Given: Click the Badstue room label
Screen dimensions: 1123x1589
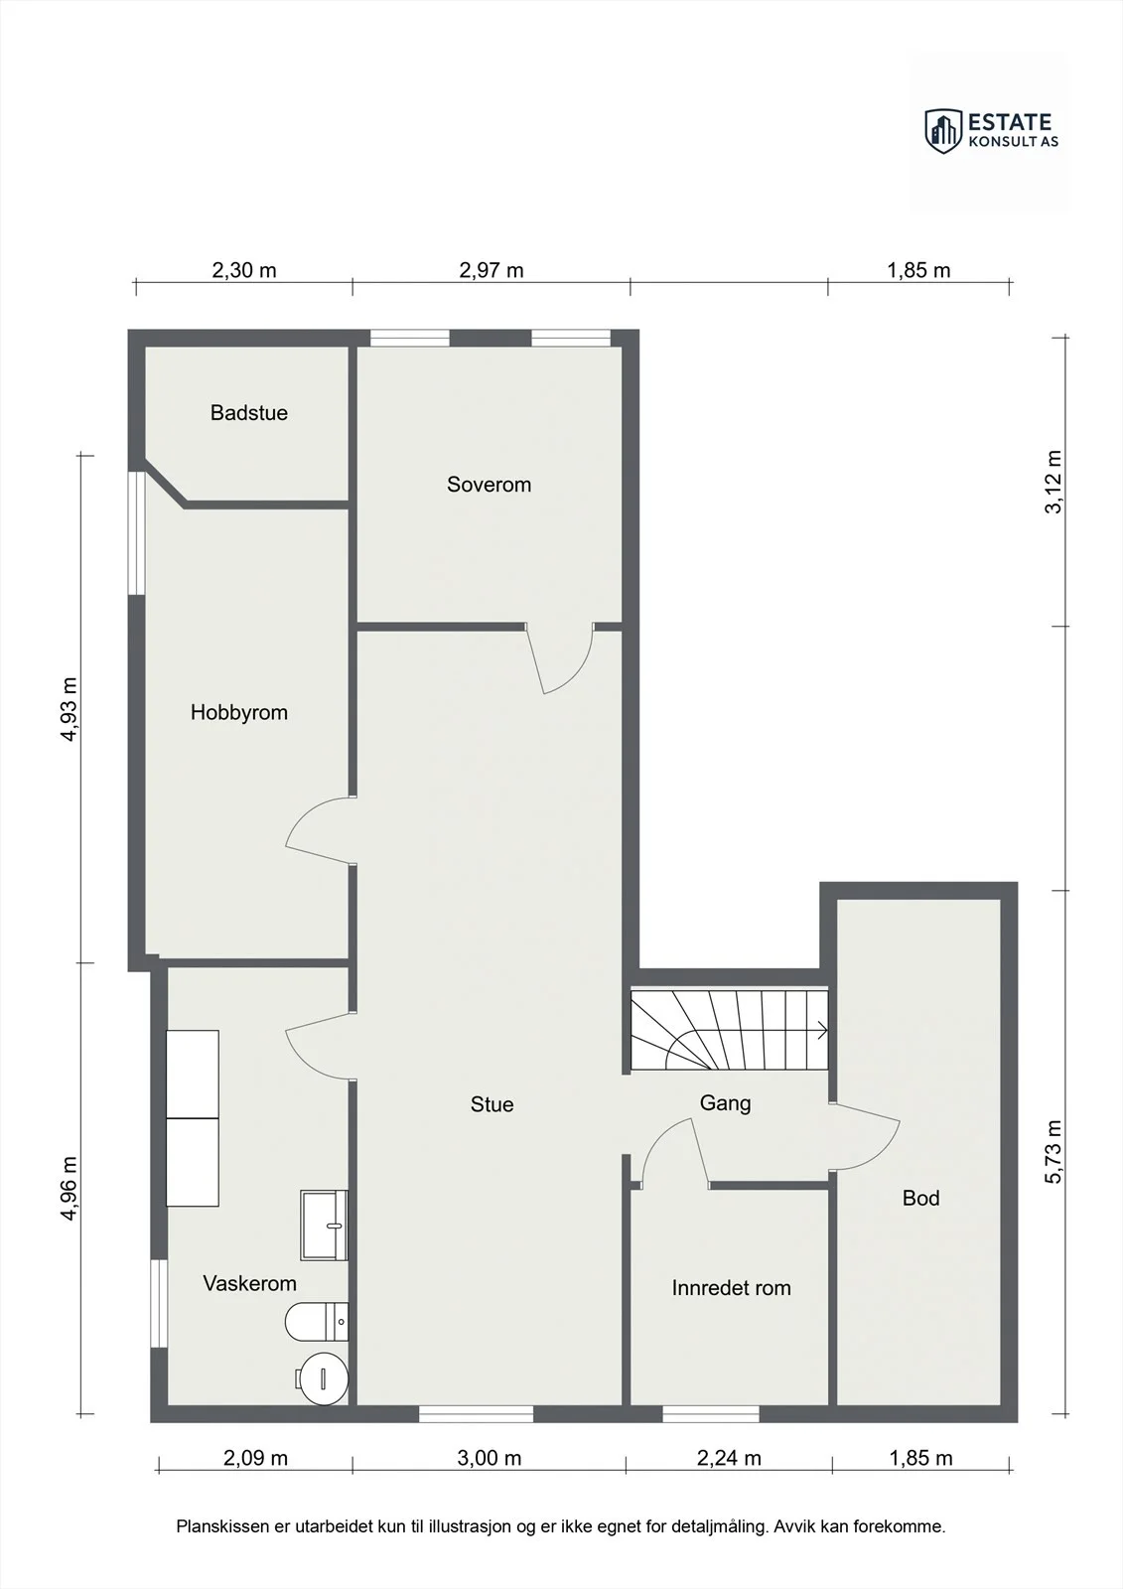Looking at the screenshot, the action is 249,413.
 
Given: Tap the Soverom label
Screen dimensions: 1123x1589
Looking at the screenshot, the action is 489,485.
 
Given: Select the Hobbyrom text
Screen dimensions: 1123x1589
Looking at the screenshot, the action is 239,712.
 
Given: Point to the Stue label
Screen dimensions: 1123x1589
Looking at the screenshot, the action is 491,1103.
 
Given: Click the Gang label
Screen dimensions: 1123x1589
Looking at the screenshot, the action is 725,1103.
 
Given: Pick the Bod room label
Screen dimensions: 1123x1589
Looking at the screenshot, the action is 920,1198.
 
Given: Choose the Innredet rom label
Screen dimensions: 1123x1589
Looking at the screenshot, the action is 732,1287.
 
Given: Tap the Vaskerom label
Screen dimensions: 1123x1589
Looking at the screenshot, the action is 249,1282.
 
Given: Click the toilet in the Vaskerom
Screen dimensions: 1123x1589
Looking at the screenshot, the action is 317,1322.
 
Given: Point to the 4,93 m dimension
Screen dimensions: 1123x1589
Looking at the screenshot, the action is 69,709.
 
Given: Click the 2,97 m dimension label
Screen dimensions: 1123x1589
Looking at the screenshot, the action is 491,270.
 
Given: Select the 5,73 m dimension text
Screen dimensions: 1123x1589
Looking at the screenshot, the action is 1053,1151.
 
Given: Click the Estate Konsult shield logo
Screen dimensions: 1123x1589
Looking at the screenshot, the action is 943,131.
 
